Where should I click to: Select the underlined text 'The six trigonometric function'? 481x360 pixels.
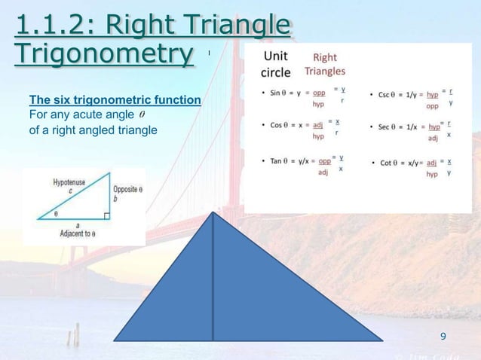click(x=115, y=100)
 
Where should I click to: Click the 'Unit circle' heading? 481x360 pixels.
click(x=276, y=65)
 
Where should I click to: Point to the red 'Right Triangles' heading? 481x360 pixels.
click(x=325, y=64)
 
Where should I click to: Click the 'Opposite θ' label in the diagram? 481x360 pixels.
click(x=125, y=189)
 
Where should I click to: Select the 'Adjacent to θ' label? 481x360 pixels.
click(x=78, y=233)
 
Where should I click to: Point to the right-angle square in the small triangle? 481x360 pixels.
click(x=106, y=216)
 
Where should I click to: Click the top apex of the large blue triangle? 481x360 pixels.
click(x=213, y=214)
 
